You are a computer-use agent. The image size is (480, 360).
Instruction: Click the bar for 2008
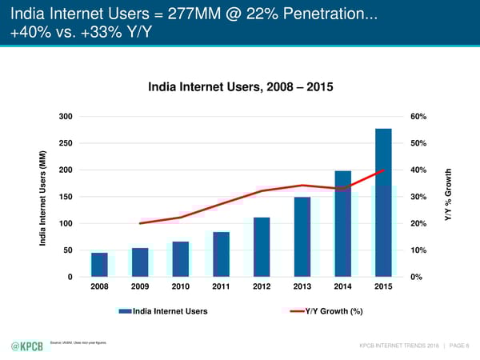pos(99,265)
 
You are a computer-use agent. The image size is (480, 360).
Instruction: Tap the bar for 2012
pos(262,247)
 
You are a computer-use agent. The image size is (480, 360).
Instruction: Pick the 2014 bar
pos(343,224)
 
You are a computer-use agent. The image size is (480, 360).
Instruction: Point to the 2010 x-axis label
pos(180,286)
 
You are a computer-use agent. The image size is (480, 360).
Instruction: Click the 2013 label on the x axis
pos(302,286)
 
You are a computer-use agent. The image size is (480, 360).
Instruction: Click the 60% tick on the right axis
pos(418,117)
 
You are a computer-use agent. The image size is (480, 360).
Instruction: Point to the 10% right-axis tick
pos(418,250)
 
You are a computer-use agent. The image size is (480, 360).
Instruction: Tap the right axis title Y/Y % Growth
pos(453,197)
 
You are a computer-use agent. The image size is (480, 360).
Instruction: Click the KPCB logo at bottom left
pos(26,346)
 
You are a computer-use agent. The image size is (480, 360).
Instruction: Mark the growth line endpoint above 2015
pos(383,170)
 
